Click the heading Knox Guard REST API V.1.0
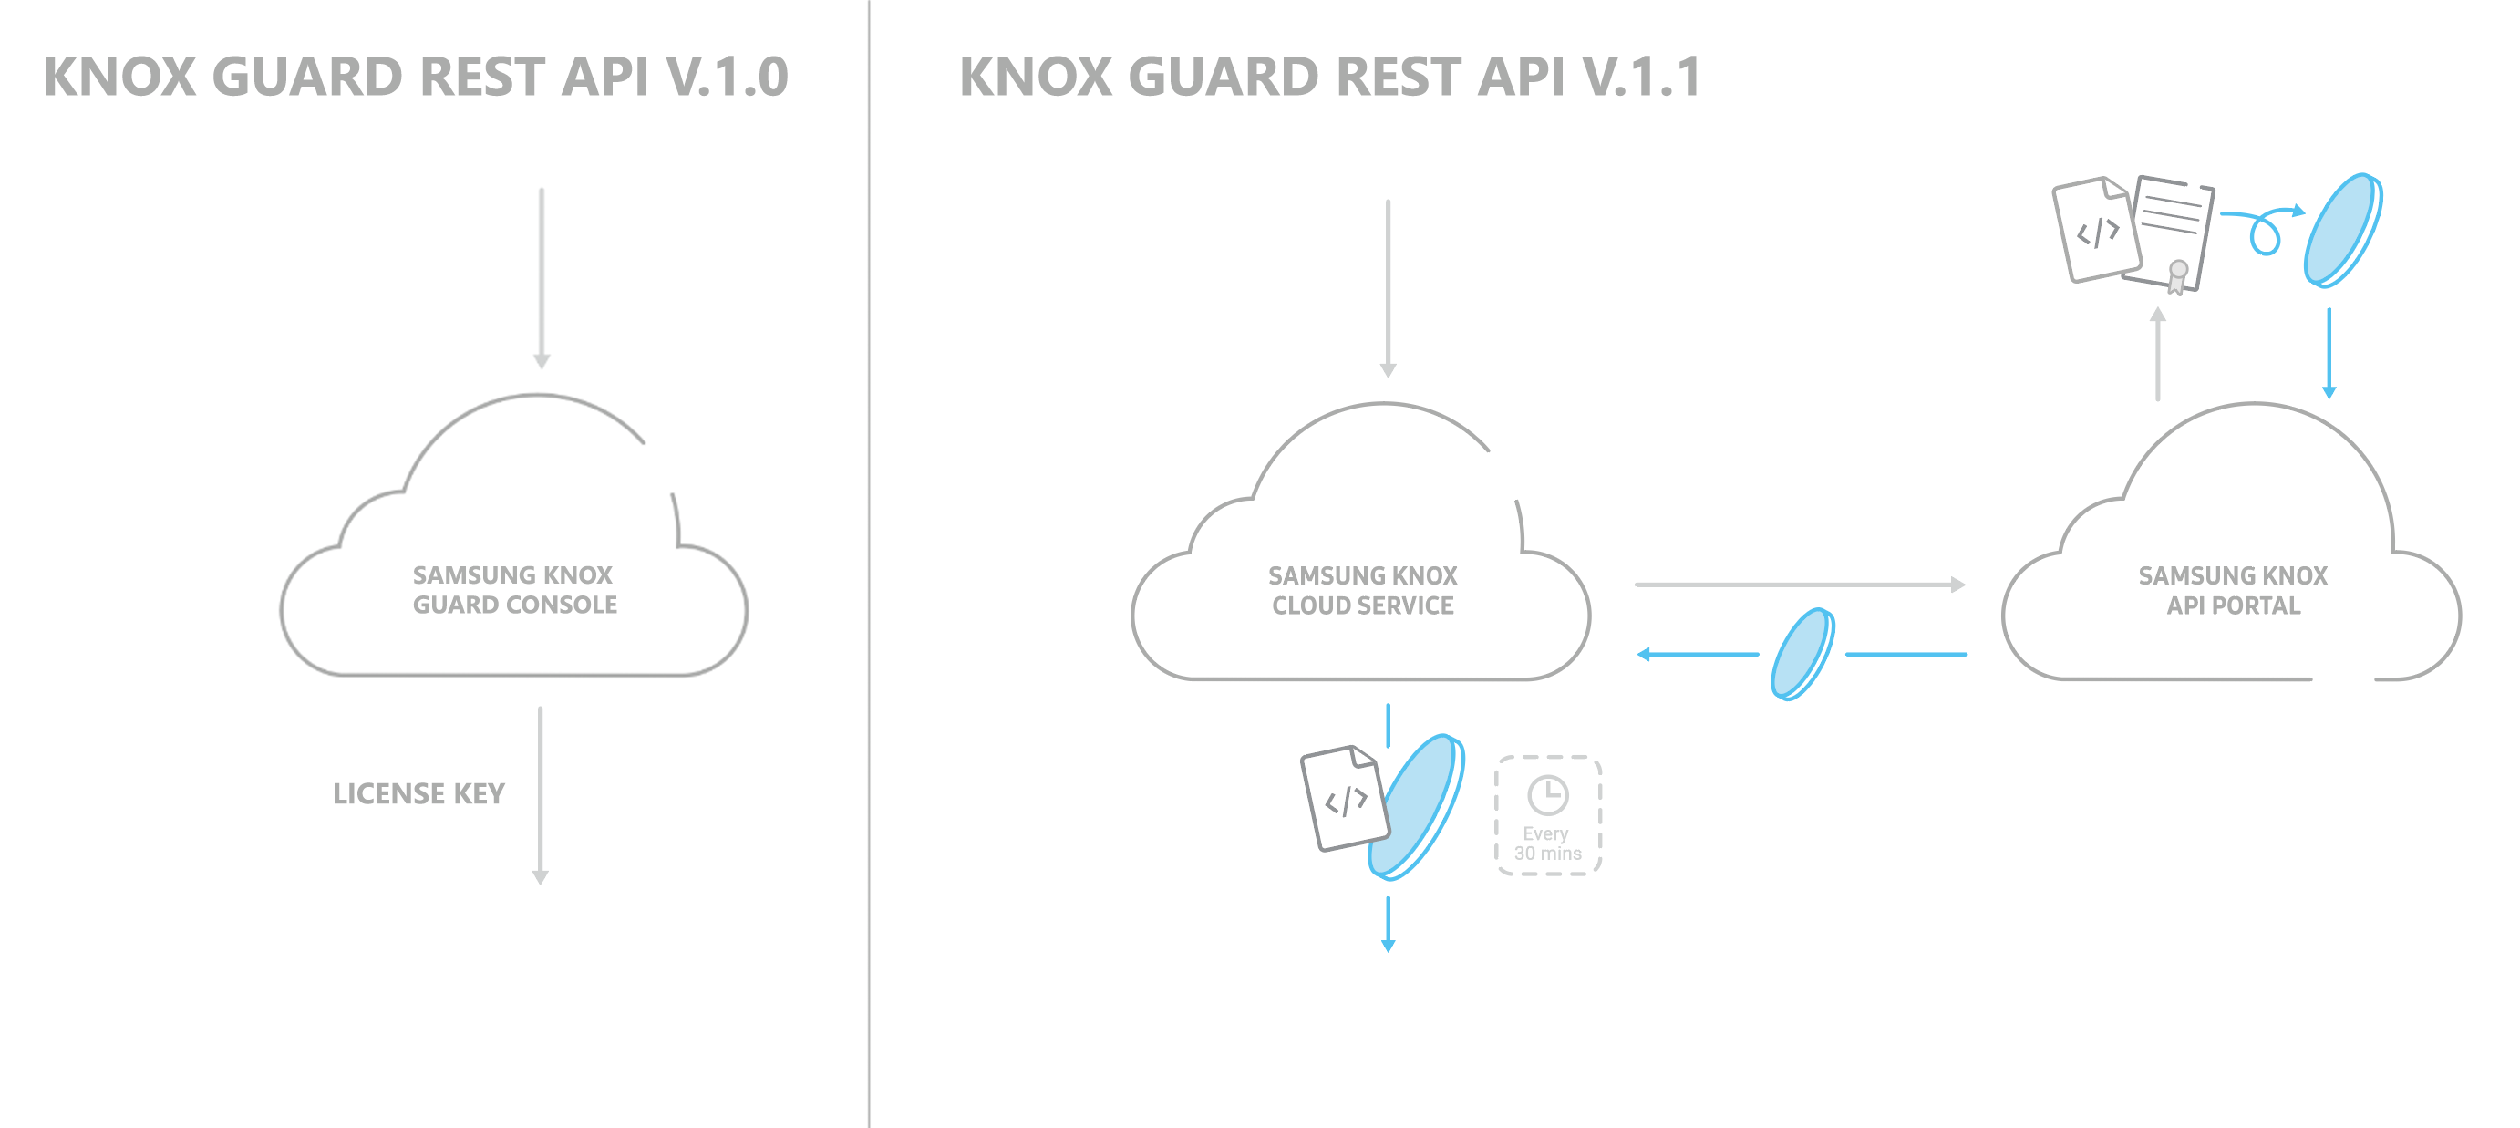[x=416, y=77]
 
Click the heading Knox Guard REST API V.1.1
[x=1330, y=77]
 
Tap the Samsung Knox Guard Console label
[x=514, y=590]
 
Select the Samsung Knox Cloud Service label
[x=1363, y=591]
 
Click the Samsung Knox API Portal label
[x=2233, y=591]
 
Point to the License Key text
[x=418, y=793]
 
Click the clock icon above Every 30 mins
[x=1547, y=795]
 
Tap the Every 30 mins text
[x=1546, y=843]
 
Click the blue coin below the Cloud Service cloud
[x=1417, y=806]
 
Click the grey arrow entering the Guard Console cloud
[x=542, y=279]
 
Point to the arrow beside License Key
[x=540, y=794]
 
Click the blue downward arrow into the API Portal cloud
[x=2329, y=352]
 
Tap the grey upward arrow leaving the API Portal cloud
[x=2158, y=354]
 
